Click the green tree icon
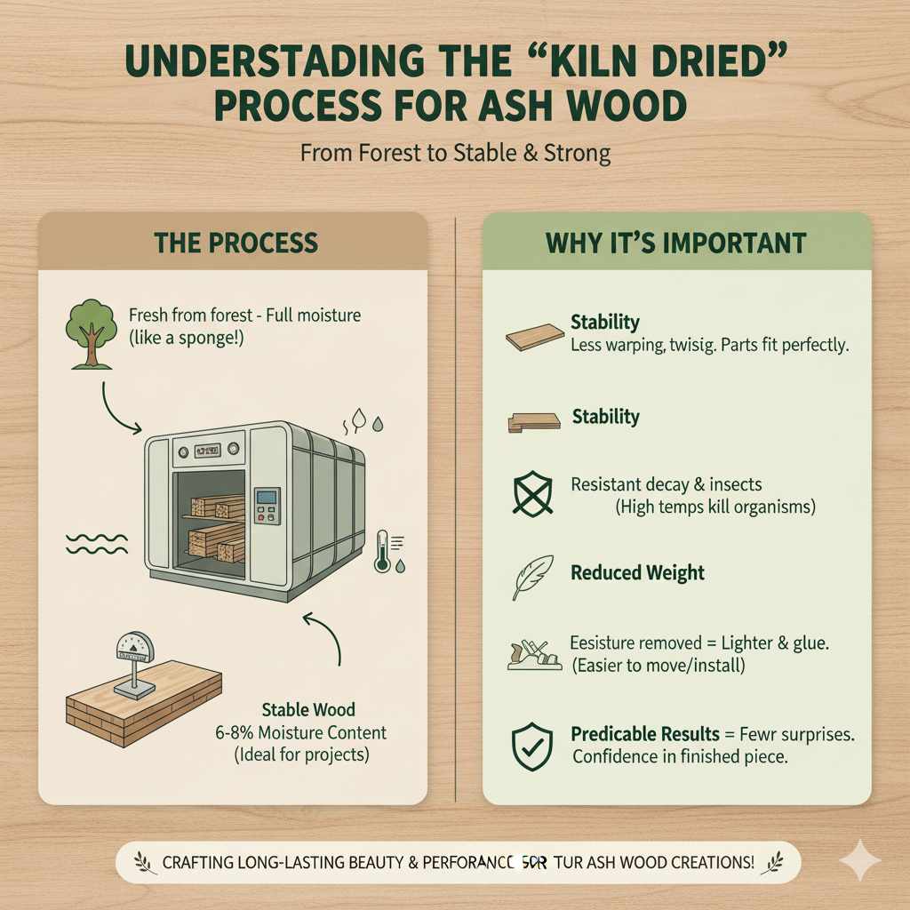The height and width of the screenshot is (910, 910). click(90, 333)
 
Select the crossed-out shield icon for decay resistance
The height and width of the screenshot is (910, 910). click(531, 494)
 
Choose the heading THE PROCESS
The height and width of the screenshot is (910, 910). click(235, 243)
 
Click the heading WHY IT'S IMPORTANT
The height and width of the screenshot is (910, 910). click(676, 243)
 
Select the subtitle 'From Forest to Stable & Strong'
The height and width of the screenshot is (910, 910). click(455, 153)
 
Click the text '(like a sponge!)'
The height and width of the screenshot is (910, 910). click(186, 339)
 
